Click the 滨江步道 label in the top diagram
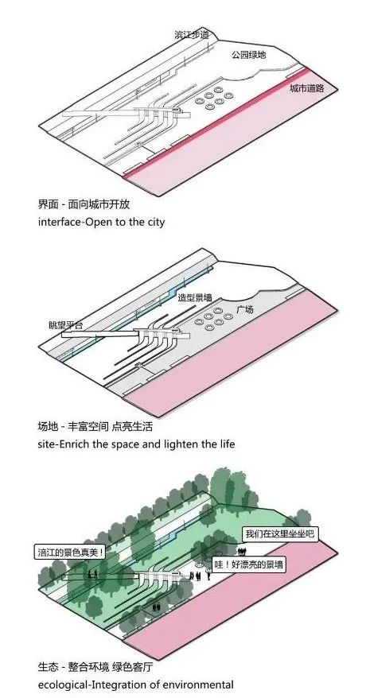[192, 35]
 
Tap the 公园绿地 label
[248, 55]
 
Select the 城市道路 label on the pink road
[307, 88]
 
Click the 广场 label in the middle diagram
[245, 309]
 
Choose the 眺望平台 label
[66, 325]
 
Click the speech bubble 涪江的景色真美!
[71, 553]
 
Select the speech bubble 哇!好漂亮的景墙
[248, 565]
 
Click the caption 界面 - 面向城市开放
[84, 205]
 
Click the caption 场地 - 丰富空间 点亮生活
[95, 426]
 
